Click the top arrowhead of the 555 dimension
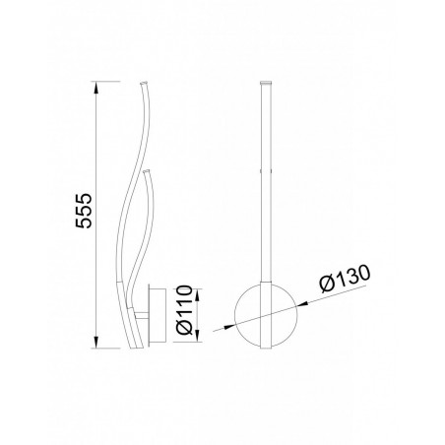click(x=95, y=87)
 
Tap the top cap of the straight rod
click(x=265, y=84)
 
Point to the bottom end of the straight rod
click(x=265, y=347)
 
